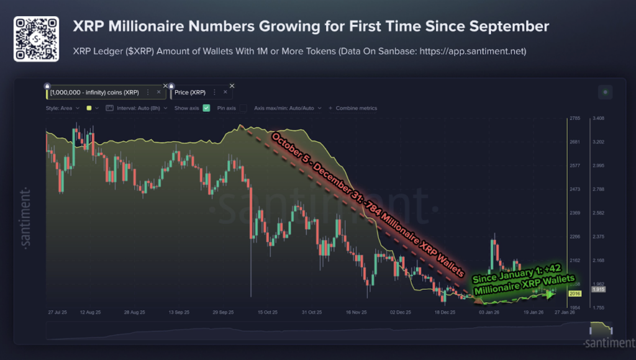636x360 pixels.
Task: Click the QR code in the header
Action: [36, 38]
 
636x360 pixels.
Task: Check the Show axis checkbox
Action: [206, 108]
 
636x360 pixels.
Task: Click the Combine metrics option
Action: [355, 108]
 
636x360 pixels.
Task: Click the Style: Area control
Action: [62, 108]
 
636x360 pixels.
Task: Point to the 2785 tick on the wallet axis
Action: [575, 118]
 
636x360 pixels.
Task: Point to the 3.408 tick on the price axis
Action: [598, 118]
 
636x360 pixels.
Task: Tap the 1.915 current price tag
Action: [599, 290]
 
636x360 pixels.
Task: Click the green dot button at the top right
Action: [605, 92]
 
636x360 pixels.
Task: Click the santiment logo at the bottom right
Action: [607, 343]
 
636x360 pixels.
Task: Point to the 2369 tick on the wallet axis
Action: [575, 213]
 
